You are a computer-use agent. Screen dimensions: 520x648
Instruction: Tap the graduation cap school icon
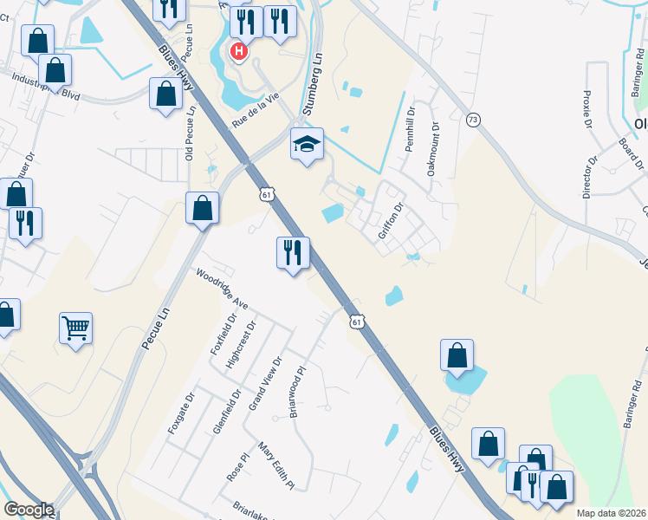(x=307, y=144)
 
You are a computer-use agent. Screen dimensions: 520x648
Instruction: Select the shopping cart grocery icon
(x=76, y=328)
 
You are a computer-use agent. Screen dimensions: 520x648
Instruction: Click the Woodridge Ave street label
(x=222, y=289)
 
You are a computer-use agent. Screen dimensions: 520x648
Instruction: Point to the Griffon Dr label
(x=392, y=220)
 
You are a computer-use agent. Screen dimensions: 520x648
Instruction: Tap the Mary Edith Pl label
(x=276, y=465)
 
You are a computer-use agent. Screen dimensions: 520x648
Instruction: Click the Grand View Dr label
(x=266, y=382)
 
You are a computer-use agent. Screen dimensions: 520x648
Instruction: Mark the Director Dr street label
(x=589, y=178)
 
